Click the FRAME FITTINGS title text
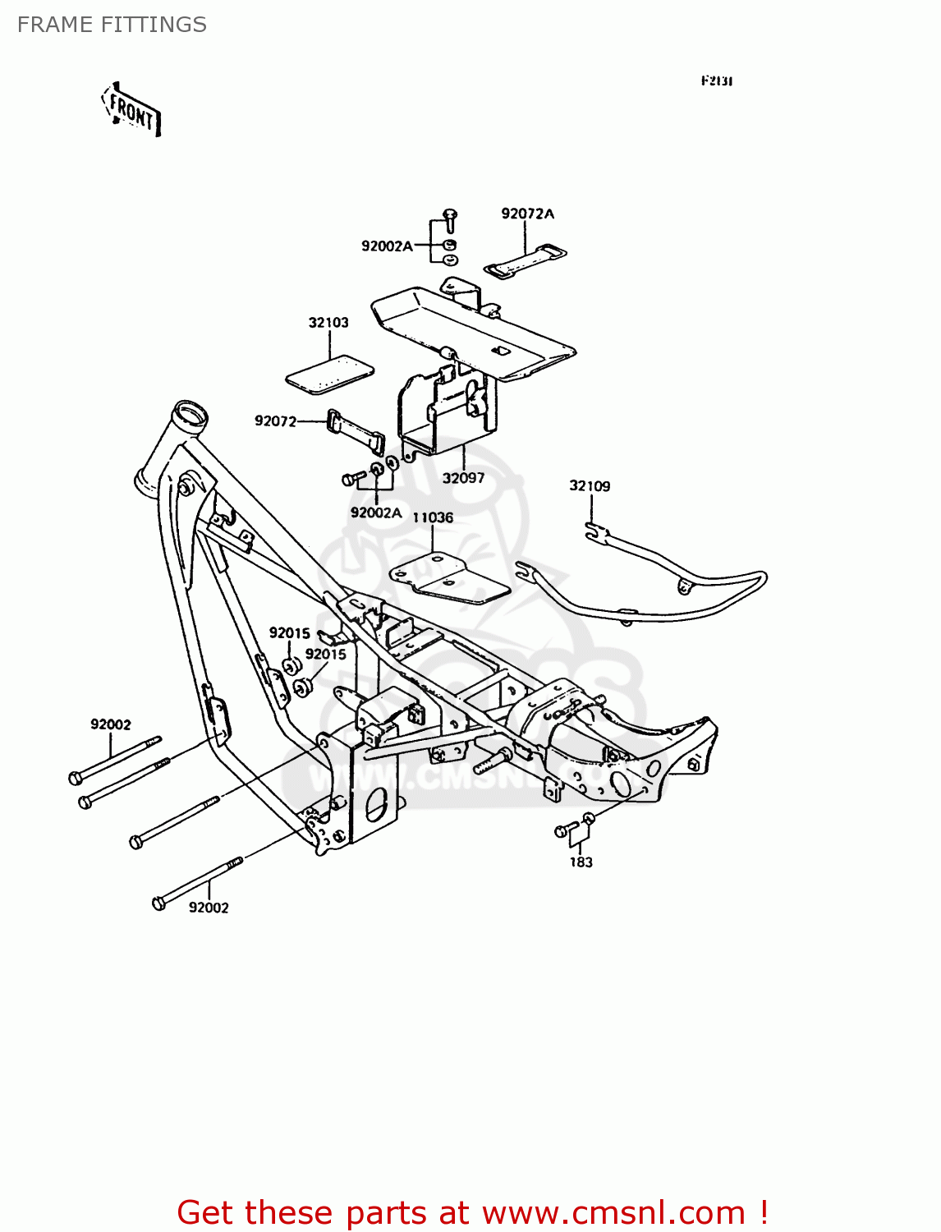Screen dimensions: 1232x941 (112, 25)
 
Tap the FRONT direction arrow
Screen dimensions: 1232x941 (131, 110)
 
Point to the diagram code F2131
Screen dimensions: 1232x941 (716, 80)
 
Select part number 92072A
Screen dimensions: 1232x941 (527, 214)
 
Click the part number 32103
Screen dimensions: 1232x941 (328, 323)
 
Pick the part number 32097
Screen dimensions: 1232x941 (463, 478)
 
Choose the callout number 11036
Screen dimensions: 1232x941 (433, 517)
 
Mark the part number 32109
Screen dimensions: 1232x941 (590, 486)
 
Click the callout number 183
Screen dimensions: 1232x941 (581, 862)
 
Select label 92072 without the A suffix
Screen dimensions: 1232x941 (275, 421)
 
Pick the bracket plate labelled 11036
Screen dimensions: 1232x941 (450, 577)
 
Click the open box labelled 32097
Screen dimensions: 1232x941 (448, 411)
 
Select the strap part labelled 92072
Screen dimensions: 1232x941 (356, 431)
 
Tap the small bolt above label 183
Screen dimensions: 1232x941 (562, 831)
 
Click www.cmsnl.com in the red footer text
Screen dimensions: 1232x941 (613, 1213)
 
